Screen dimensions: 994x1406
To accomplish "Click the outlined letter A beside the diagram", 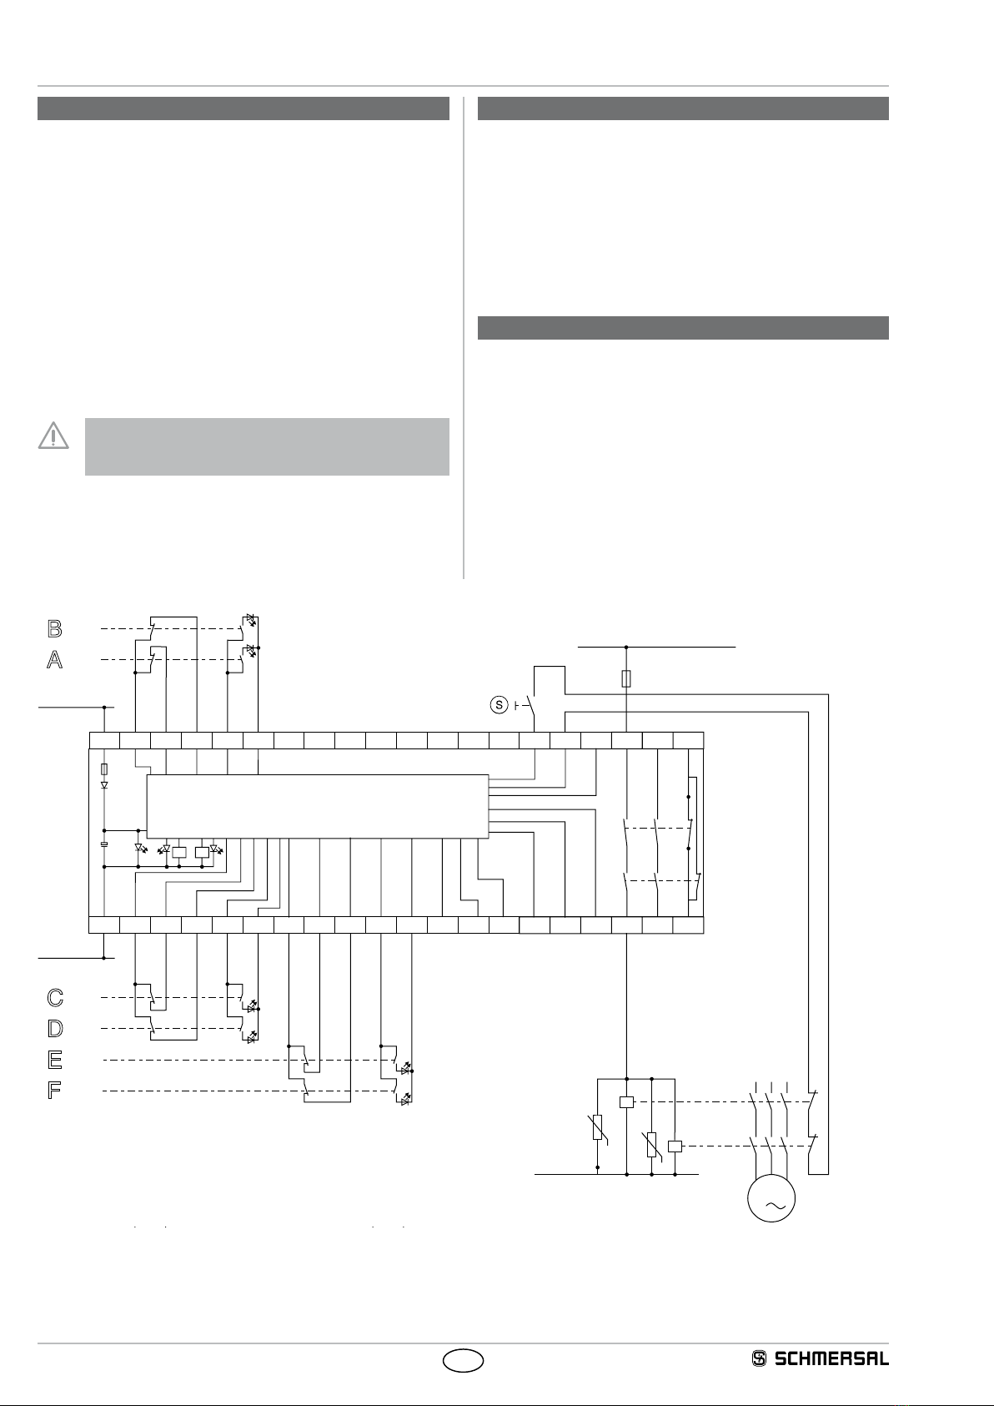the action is tap(54, 660).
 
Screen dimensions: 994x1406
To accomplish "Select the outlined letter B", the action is tap(54, 628).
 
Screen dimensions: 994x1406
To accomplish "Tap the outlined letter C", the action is tap(54, 997).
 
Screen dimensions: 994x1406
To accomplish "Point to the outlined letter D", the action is tap(54, 1028).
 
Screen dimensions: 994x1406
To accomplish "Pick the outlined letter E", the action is tap(54, 1060).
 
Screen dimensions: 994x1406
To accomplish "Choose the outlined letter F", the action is tap(54, 1091).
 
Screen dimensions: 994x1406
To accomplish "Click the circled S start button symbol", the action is tap(499, 705).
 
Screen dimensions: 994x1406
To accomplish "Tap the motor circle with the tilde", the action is tap(771, 1198).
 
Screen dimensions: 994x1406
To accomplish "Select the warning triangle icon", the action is tap(53, 435).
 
